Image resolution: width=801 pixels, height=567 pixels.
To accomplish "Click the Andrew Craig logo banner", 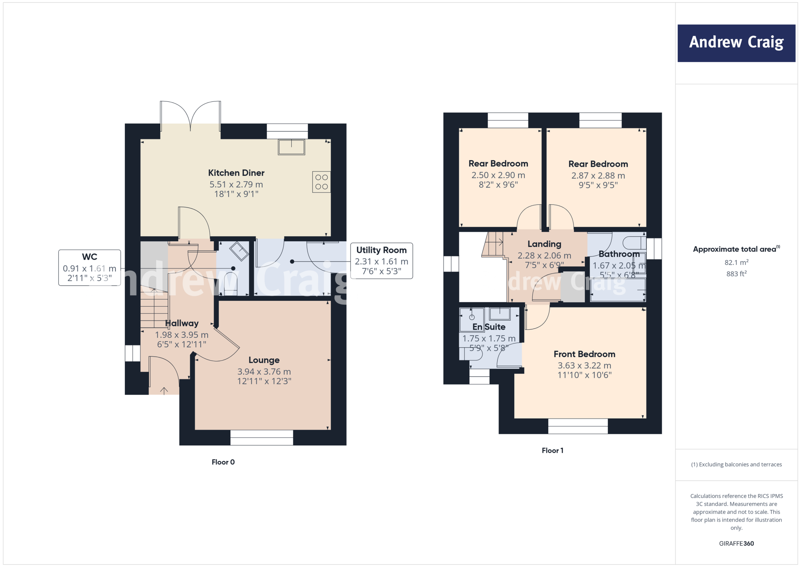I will [x=736, y=43].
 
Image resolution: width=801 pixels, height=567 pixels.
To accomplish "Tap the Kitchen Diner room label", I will [x=236, y=173].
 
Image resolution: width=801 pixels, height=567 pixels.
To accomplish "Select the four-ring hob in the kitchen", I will [x=321, y=182].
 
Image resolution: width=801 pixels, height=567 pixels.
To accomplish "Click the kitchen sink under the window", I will [x=291, y=147].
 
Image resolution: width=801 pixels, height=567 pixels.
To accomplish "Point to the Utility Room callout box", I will [x=381, y=261].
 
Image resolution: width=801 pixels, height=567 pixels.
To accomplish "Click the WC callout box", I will [x=90, y=268].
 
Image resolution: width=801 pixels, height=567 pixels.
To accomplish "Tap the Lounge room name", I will [x=264, y=360].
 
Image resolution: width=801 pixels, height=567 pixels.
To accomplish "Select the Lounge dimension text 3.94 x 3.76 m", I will [x=264, y=372].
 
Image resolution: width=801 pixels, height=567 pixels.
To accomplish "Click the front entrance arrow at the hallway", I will [x=164, y=390].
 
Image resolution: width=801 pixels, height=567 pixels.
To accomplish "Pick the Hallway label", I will [x=182, y=323].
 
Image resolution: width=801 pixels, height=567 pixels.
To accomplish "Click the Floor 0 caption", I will [x=223, y=462].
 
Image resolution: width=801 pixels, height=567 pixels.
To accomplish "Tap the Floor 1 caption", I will [x=552, y=451].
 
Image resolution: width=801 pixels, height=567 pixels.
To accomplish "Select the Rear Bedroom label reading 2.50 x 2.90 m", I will [x=498, y=175].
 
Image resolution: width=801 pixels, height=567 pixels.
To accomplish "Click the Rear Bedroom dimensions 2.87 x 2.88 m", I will [x=598, y=176].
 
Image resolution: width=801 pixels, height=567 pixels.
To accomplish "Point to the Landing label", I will [x=544, y=244].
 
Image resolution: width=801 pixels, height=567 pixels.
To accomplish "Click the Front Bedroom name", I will [x=584, y=354].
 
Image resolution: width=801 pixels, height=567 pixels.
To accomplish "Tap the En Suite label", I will [x=489, y=327].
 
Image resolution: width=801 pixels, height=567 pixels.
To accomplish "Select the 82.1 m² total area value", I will [x=736, y=262].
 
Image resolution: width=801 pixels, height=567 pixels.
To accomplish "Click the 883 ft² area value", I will [x=736, y=274].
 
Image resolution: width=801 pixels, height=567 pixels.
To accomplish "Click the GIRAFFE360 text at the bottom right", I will [x=736, y=544].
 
